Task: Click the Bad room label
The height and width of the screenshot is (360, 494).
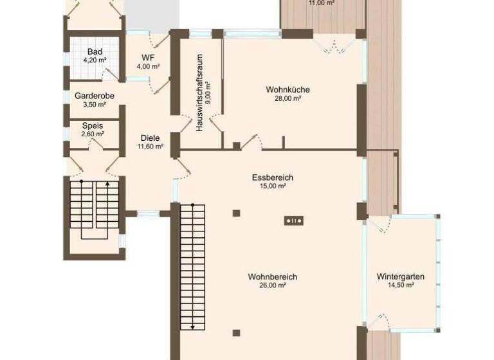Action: pos(95,51)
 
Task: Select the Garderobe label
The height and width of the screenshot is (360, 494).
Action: pos(95,96)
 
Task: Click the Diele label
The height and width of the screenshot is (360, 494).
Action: pos(150,138)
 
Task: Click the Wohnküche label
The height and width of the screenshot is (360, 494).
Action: pos(288,89)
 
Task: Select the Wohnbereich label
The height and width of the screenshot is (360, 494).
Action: pos(272,276)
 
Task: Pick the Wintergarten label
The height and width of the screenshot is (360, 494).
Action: pos(400,276)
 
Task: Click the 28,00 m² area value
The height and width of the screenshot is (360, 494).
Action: pos(288,98)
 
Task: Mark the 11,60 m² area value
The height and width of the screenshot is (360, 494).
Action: pos(150,146)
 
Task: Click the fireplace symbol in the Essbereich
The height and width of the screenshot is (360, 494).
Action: pos(294,221)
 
